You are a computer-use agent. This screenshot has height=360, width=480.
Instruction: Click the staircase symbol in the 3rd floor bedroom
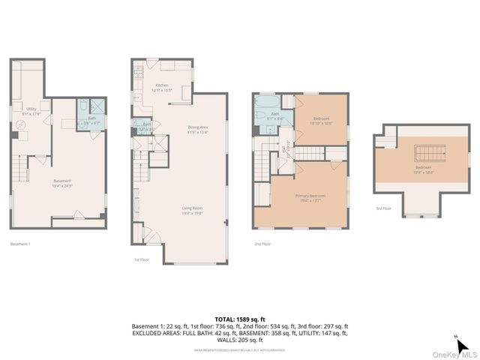424,147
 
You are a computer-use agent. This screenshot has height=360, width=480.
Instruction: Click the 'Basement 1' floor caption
20,244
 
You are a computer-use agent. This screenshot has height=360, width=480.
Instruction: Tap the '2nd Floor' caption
262,244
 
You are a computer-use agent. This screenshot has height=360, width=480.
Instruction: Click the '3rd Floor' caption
384,209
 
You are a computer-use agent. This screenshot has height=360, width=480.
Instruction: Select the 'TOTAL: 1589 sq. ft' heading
239,319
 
